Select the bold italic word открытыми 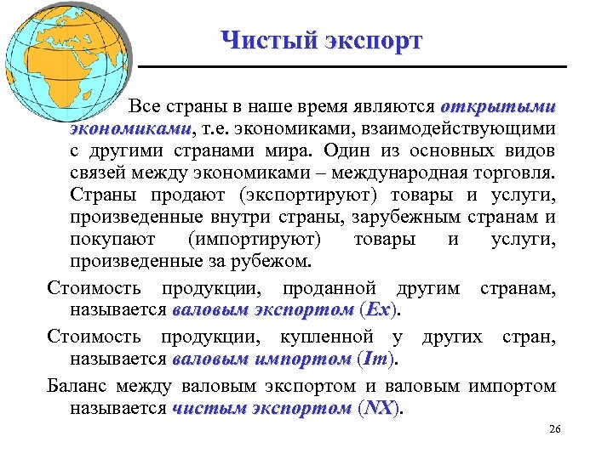(x=498, y=108)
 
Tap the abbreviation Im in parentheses (x=376, y=360)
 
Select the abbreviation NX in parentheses (x=378, y=408)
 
